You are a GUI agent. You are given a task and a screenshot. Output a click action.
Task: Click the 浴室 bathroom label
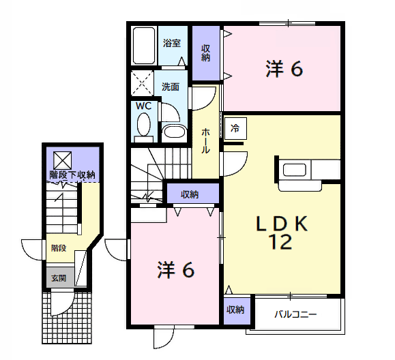172,43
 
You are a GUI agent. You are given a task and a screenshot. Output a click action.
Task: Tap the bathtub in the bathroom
144,46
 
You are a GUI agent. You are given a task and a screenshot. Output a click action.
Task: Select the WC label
143,106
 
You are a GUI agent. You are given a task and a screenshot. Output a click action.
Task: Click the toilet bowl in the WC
144,124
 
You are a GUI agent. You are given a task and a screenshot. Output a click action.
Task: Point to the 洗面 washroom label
171,87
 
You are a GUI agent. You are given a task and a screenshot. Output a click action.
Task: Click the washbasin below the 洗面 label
174,132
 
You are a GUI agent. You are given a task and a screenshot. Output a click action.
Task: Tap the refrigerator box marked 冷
235,128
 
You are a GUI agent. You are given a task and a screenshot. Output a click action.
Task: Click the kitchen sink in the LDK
295,170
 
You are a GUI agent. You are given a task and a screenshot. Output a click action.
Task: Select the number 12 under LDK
281,241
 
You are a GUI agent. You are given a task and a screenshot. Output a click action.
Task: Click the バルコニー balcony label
295,314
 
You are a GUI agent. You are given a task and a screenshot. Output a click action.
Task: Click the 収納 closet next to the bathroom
206,53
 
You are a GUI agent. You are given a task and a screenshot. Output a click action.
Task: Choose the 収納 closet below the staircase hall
192,194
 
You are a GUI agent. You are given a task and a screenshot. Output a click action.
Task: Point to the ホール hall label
205,140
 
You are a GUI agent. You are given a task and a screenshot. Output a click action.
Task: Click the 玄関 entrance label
59,278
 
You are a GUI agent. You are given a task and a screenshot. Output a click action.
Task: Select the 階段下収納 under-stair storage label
72,175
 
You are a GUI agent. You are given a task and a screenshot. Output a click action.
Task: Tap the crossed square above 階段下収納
63,160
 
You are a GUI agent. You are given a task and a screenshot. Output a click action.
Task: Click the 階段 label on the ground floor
59,248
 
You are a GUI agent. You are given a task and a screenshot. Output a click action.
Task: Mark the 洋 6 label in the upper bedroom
284,69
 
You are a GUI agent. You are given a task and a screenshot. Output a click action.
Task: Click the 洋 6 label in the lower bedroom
176,269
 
